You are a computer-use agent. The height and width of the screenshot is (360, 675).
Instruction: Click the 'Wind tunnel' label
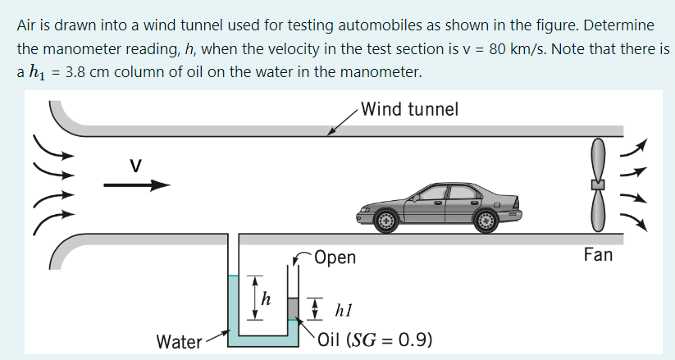[x=410, y=109]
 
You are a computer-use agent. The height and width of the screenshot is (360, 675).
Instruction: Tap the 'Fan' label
[x=597, y=255]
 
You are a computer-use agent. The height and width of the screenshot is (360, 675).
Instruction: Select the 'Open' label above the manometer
[x=335, y=257]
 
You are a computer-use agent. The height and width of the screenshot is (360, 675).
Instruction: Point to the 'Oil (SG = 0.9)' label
[x=375, y=339]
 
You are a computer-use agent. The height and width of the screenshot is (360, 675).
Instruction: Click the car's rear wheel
[x=486, y=220]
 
